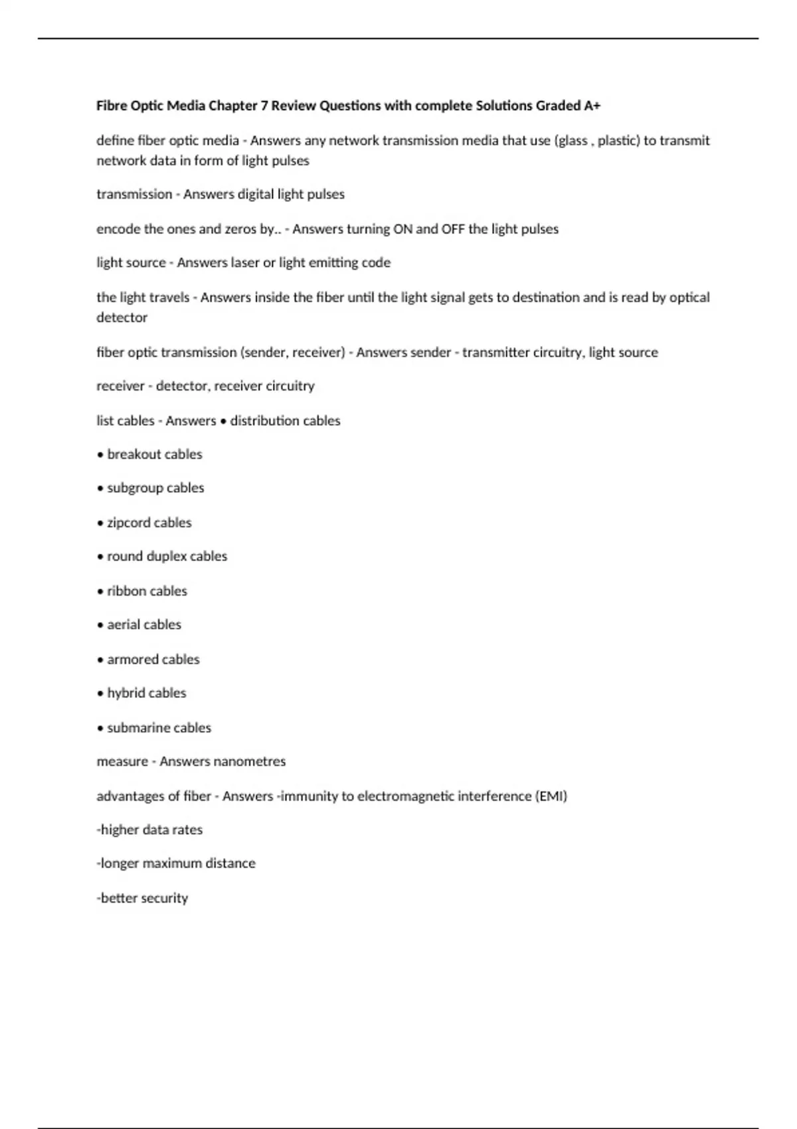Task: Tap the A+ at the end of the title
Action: pos(592,106)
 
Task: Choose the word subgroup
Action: pos(135,488)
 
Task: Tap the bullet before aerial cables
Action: pos(100,626)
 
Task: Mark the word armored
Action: pos(133,659)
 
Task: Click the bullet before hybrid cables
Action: pos(100,694)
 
